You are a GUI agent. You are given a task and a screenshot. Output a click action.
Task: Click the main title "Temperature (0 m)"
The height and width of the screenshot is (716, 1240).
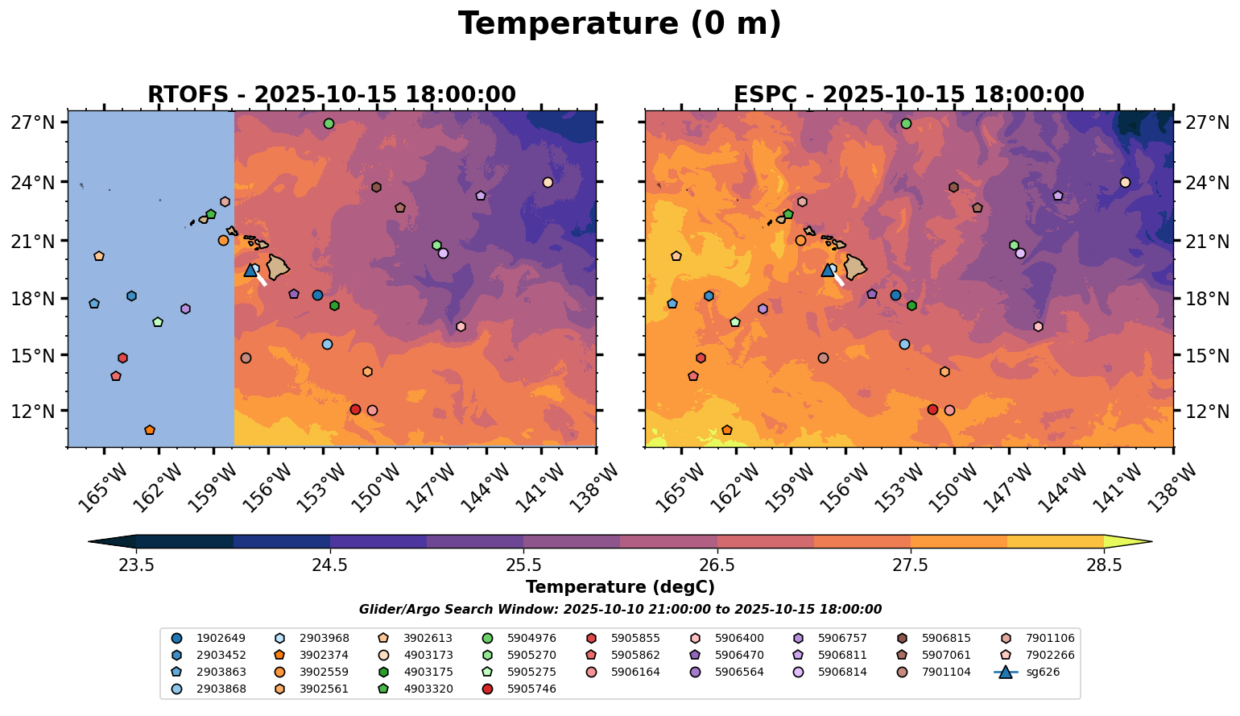coord(619,24)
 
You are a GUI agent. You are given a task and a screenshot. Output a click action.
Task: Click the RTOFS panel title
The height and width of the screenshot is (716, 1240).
coord(331,95)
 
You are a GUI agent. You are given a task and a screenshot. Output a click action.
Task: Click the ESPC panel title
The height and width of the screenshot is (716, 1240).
coord(908,95)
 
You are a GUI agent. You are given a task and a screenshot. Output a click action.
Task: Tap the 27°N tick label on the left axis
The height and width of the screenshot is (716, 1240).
coord(33,122)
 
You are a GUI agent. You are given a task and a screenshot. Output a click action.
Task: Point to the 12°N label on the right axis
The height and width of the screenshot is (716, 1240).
coord(1206,412)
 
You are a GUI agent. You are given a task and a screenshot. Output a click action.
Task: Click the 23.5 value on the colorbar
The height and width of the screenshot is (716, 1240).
coord(136,565)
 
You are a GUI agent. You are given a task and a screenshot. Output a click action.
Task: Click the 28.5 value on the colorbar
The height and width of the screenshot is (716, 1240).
coord(1104,565)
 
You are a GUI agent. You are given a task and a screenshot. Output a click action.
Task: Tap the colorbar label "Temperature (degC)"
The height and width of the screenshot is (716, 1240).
coord(619,587)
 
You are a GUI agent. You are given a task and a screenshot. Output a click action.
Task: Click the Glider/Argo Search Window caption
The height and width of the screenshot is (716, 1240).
coord(619,610)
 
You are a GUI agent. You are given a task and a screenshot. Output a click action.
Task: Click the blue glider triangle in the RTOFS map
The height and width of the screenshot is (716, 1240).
coord(250,270)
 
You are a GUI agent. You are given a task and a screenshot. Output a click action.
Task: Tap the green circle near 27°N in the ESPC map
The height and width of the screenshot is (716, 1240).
coord(906,124)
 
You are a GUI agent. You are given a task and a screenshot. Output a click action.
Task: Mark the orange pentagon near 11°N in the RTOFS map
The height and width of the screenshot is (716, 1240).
coord(149,430)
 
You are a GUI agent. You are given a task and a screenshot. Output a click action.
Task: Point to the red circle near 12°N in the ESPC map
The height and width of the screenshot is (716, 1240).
coord(932,409)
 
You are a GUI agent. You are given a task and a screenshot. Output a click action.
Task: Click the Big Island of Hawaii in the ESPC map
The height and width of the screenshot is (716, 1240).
coord(854,267)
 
